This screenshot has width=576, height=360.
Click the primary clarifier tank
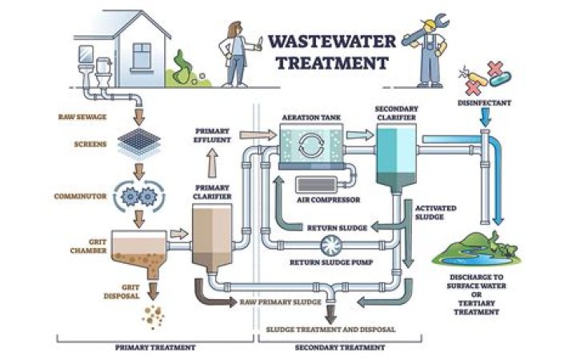coord(212,236)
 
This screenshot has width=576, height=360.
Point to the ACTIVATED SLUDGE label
coord(435,212)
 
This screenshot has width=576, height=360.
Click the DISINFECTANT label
coord(483,103)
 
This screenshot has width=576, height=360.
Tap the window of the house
coord(141,56)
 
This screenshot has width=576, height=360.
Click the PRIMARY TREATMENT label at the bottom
coord(155,348)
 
